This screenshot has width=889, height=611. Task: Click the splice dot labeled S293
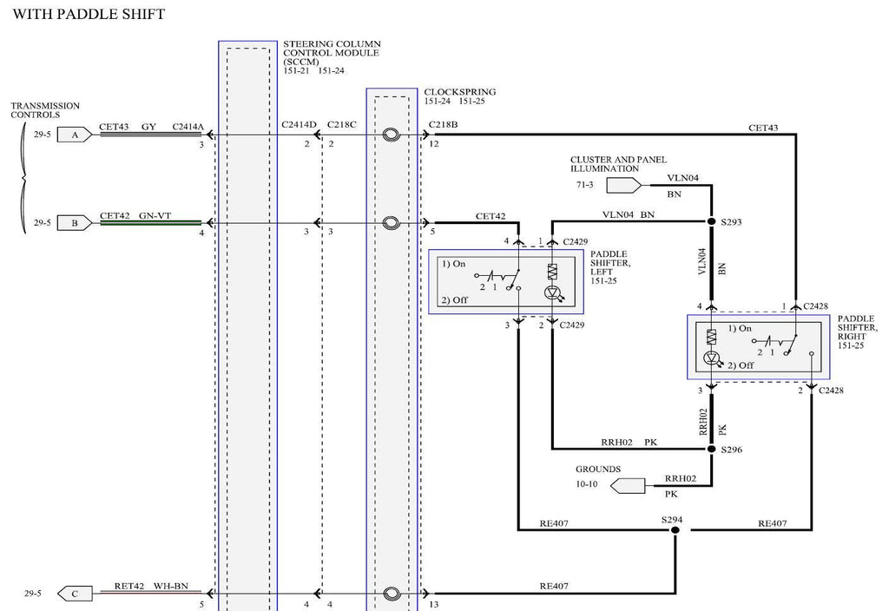tap(712, 221)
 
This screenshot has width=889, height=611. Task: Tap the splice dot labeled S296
tap(712, 449)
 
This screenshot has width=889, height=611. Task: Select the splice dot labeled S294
tap(675, 530)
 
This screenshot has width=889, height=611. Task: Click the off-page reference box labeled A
tap(75, 135)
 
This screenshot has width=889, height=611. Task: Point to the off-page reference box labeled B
tap(75, 223)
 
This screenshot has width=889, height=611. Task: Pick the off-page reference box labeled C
tap(75, 594)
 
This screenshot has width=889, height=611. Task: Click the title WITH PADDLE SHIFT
tap(89, 14)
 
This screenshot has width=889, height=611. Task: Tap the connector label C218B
tap(444, 125)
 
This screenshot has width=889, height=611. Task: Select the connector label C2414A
tap(188, 127)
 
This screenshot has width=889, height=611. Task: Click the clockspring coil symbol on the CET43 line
tap(392, 135)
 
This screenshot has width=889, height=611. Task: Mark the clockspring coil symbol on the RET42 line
tap(392, 594)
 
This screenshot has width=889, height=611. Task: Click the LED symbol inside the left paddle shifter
tap(552, 292)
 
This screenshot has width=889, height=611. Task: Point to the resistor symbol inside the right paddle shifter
tap(712, 338)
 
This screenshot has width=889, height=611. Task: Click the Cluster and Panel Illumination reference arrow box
tap(624, 185)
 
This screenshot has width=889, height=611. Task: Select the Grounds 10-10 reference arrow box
tap(629, 486)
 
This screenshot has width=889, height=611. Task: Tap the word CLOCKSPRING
tap(460, 92)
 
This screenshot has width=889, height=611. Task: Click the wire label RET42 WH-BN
tap(151, 586)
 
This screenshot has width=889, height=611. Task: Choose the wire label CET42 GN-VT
tap(135, 216)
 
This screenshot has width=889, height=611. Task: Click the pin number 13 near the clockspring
tap(434, 604)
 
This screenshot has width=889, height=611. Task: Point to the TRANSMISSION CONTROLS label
tap(45, 110)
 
